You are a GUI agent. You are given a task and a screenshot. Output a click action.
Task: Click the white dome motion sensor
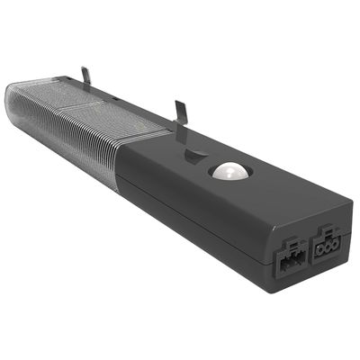[x=229, y=172]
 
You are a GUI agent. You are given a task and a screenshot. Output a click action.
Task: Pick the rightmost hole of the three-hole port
[x=334, y=247]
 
